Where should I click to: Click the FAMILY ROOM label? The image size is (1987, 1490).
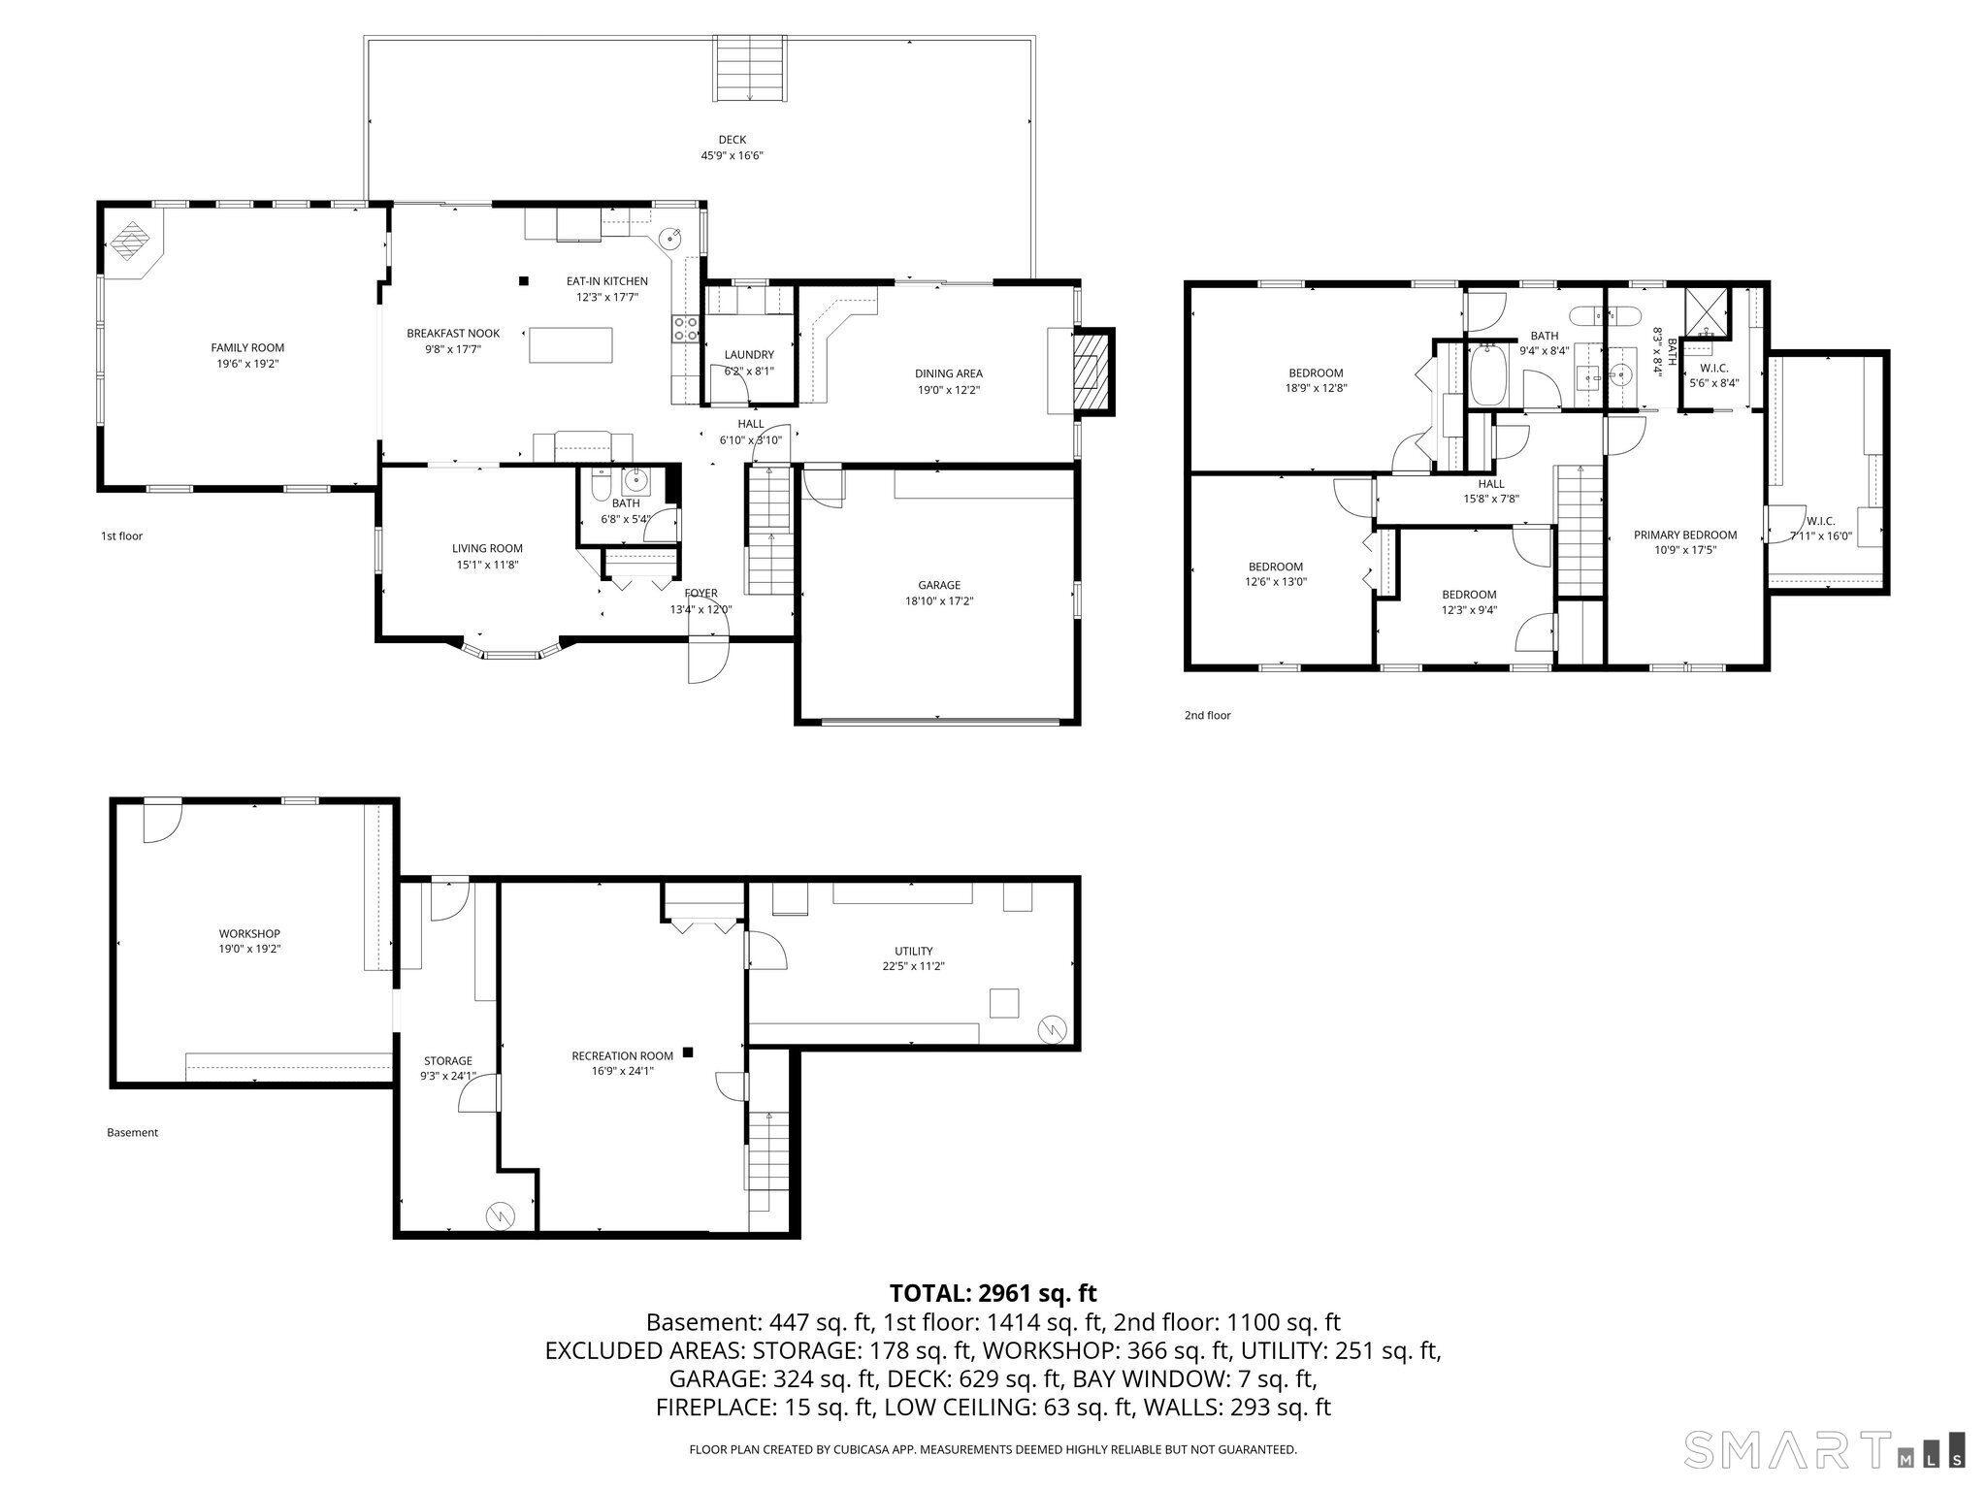click(247, 347)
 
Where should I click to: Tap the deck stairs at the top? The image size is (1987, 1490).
click(750, 68)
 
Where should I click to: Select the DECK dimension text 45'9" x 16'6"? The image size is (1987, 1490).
click(733, 155)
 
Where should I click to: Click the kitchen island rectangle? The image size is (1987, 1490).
click(571, 345)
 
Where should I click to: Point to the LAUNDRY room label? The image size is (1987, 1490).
click(749, 355)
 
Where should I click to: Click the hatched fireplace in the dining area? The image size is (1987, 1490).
click(1091, 372)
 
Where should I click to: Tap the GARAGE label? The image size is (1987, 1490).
click(939, 585)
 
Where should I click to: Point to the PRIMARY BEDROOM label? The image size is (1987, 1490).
click(1684, 534)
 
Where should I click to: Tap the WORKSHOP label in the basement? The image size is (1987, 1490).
click(249, 933)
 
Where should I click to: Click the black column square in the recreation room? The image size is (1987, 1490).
click(688, 1052)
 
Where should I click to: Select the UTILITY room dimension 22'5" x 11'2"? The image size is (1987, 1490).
click(913, 966)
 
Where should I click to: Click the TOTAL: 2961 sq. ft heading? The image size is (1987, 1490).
click(993, 1293)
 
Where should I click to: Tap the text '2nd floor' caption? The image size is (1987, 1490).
click(1207, 716)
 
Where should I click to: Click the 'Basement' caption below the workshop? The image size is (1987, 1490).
click(132, 1132)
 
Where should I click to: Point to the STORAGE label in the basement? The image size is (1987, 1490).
click(448, 1061)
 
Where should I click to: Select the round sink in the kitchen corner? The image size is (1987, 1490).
click(671, 238)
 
